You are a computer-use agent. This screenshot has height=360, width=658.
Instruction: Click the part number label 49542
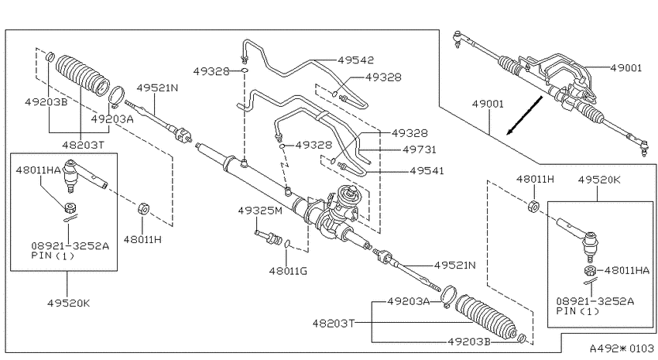tap(356, 60)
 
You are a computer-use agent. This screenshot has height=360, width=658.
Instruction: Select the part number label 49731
tap(420, 149)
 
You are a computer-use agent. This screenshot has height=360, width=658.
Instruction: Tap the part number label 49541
tap(427, 171)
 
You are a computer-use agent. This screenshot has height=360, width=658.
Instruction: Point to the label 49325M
tap(260, 211)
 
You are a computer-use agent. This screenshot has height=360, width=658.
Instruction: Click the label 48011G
tap(288, 271)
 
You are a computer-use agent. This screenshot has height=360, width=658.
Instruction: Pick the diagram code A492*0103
tap(622, 348)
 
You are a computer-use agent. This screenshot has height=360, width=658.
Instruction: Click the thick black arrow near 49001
tap(525, 115)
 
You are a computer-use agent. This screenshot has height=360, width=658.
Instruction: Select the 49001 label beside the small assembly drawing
tap(626, 68)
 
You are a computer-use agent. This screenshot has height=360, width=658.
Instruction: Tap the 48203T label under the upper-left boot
tap(83, 146)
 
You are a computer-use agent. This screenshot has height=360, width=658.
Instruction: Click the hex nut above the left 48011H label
tap(143, 208)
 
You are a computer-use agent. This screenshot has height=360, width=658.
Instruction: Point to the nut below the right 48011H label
tap(533, 206)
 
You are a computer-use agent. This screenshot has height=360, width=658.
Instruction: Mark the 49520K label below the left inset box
tap(69, 303)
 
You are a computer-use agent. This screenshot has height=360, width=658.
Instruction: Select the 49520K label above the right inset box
tap(599, 180)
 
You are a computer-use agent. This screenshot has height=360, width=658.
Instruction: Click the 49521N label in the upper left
tap(157, 87)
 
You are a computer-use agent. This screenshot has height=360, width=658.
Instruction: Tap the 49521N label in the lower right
tap(455, 266)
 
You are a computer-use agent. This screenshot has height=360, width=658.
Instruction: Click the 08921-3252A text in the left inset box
tap(70, 246)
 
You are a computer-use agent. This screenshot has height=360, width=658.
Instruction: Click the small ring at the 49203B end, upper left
tap(49, 57)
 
